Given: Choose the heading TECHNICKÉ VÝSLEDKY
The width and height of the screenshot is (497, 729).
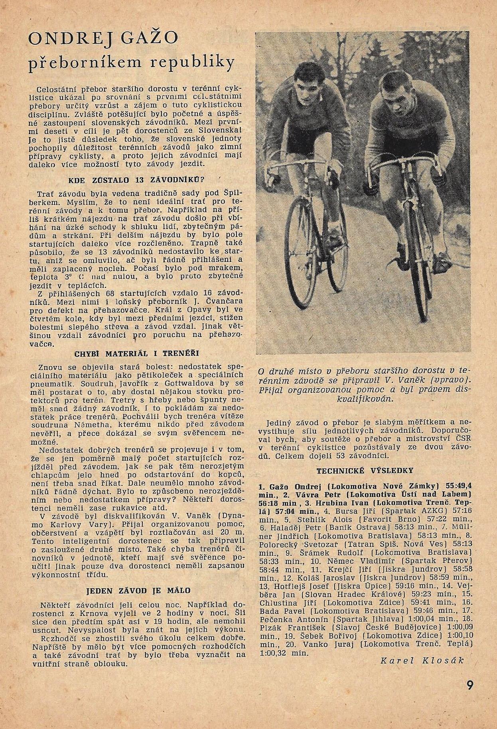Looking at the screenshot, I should point(365,471).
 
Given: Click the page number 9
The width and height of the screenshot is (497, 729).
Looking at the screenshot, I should point(469,685).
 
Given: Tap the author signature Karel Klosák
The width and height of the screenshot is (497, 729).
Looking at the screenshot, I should point(423,660).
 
